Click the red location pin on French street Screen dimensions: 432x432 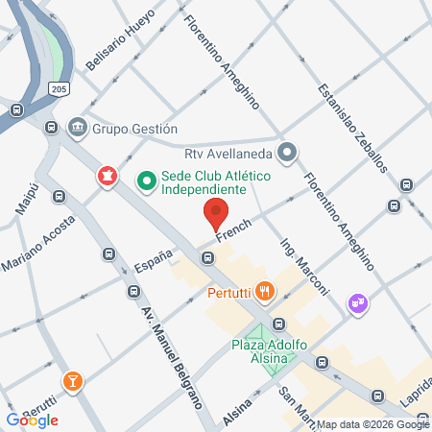(216, 209)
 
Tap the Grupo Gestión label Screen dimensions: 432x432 (136, 128)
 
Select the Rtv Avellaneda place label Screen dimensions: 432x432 (228, 152)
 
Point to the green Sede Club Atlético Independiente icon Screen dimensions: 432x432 (146, 178)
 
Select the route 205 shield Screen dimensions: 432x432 (60, 88)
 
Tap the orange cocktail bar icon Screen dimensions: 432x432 (71, 382)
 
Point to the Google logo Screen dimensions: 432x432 (32, 420)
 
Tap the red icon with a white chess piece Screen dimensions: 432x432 (107, 175)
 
